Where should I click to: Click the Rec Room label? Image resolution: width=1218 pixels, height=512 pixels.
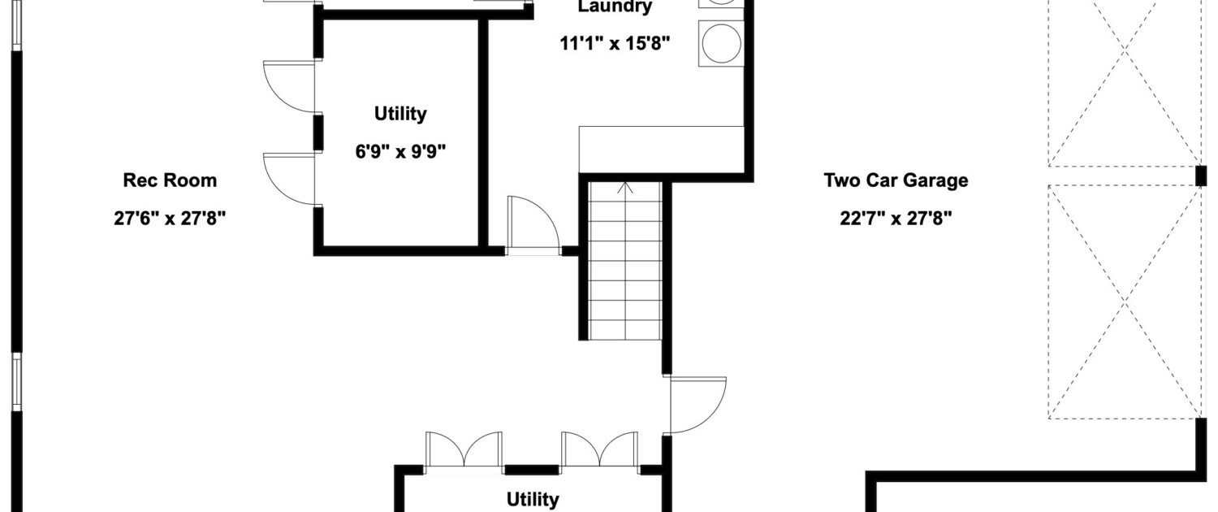click(x=170, y=180)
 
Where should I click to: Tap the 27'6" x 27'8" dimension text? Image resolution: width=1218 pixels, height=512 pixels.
click(x=170, y=218)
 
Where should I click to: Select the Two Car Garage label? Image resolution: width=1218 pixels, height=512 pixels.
click(x=896, y=180)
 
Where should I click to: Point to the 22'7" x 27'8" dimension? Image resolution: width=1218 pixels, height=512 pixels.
click(x=896, y=218)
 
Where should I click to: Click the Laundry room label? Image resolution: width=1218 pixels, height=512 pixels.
click(x=615, y=7)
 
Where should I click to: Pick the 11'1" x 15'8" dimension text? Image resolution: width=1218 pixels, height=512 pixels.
click(x=615, y=43)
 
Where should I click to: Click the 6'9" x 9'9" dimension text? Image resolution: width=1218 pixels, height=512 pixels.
click(x=400, y=151)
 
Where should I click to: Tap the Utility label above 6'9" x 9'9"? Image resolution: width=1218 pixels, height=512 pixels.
click(x=400, y=114)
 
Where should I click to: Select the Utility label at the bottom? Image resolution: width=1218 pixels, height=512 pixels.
click(x=533, y=500)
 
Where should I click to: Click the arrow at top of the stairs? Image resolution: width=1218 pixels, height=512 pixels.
click(x=625, y=189)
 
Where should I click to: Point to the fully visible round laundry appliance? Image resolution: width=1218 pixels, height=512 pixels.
click(x=721, y=44)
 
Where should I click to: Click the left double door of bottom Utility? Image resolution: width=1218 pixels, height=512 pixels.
click(x=464, y=449)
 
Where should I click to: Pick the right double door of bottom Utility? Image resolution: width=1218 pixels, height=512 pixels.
click(x=600, y=449)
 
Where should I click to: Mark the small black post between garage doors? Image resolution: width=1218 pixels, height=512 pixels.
click(x=1201, y=176)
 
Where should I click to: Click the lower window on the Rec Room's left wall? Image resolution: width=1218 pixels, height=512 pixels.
click(x=17, y=382)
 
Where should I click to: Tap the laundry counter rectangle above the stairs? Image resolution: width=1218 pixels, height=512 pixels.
click(x=661, y=150)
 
